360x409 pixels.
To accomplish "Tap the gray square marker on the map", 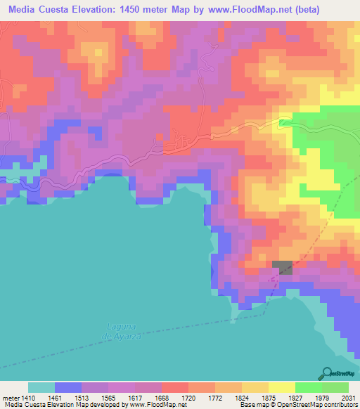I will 282,268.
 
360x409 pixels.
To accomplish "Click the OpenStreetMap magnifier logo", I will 326,374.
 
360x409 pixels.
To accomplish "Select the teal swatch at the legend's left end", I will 41,387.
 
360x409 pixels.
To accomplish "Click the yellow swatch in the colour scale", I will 281,387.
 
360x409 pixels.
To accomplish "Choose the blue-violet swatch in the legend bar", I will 68,387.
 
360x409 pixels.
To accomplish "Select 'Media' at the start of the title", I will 24,9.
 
